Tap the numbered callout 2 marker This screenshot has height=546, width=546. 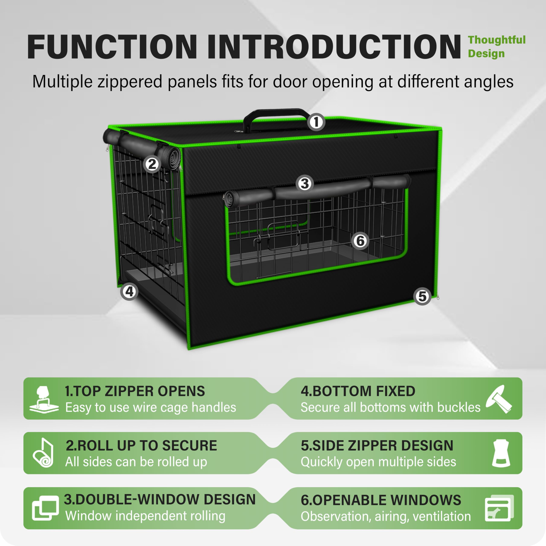click(x=152, y=164)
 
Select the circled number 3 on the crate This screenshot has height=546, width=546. click(x=304, y=184)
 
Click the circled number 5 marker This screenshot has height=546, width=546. click(x=422, y=296)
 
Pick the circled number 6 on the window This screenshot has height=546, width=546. click(x=360, y=241)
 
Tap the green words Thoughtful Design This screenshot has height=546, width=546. click(x=497, y=47)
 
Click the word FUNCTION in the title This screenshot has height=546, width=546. click(x=112, y=47)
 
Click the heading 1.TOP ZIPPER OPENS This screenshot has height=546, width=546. click(x=135, y=391)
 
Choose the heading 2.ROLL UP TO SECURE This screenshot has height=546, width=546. click(x=141, y=446)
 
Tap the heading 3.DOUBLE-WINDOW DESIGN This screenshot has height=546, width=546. click(x=160, y=499)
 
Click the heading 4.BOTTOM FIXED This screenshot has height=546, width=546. click(x=358, y=391)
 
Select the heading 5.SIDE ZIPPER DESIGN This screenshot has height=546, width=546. click(x=377, y=446)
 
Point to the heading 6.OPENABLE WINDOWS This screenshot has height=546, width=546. click(x=381, y=500)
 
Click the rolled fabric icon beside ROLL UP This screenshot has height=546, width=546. click(x=43, y=453)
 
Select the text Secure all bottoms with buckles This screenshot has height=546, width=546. click(x=390, y=407)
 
